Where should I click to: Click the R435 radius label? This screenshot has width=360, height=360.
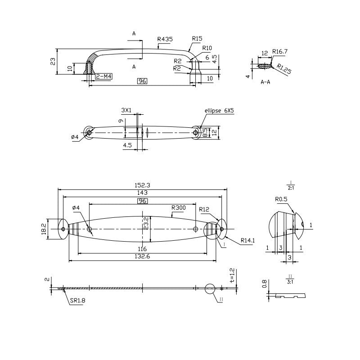(165, 40)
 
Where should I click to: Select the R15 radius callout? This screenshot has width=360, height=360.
(197, 39)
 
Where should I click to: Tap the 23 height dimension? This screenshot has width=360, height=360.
(53, 61)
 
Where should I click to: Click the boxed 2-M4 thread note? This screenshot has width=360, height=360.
(103, 77)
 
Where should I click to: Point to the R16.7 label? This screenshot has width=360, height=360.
(280, 52)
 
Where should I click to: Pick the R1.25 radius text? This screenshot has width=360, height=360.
(284, 70)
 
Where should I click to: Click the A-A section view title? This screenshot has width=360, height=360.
(265, 82)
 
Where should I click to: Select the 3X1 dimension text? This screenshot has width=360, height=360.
(126, 110)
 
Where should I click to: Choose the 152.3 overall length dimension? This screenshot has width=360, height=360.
(142, 185)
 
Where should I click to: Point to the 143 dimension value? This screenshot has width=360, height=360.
(142, 192)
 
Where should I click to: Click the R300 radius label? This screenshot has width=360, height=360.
(178, 208)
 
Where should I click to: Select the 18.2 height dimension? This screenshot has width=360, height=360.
(44, 229)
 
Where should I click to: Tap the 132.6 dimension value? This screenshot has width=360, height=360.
(142, 256)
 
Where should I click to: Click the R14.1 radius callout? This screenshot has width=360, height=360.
(247, 241)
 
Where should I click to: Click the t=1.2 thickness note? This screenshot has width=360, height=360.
(232, 275)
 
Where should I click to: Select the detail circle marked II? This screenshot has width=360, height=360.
(210, 289)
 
